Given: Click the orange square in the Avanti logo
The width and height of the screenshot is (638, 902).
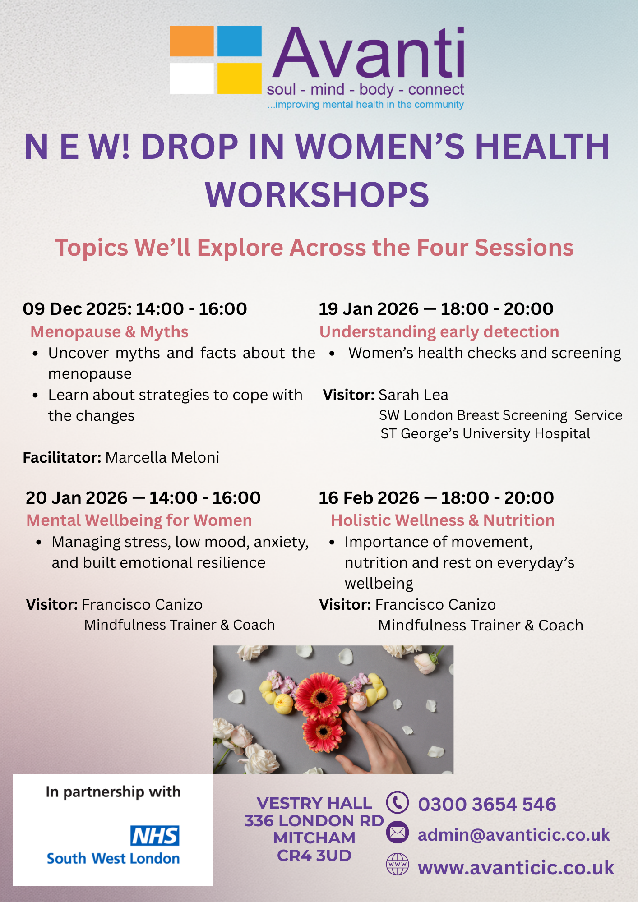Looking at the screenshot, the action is point(191,41).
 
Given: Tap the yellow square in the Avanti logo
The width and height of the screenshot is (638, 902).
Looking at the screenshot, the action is point(240,78).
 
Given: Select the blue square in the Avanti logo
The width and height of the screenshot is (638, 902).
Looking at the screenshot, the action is point(240,41).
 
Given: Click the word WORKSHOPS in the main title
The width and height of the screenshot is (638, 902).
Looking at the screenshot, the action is point(317,195).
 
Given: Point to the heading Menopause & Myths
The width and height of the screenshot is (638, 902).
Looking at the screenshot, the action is point(109,332).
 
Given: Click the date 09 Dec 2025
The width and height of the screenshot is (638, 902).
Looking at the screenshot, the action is point(77,309).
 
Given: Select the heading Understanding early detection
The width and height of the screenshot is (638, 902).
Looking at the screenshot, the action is point(439,332).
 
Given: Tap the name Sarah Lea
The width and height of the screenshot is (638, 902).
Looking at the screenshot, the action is point(413,395).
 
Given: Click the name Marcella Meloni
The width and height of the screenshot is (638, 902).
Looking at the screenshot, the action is point(162,458).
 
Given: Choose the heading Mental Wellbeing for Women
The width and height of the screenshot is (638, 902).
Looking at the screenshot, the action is point(139,520).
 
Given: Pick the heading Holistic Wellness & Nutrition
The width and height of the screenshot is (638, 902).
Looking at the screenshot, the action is point(443,520).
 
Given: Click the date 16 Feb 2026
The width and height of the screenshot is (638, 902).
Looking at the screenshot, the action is point(369,498).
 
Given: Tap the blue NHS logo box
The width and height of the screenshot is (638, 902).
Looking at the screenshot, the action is point(155,836).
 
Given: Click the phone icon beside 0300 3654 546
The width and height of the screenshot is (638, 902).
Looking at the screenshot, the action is point(398,803).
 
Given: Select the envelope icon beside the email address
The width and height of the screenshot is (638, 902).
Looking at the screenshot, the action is point(398,833).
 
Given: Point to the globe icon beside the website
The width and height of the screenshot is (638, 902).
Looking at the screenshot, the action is point(398,865).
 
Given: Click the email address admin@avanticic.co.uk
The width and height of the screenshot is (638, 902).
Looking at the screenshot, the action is point(514,835).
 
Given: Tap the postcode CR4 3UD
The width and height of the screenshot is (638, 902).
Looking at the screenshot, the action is point(314,856).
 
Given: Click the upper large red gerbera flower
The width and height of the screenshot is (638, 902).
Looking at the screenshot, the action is point(322,697).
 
